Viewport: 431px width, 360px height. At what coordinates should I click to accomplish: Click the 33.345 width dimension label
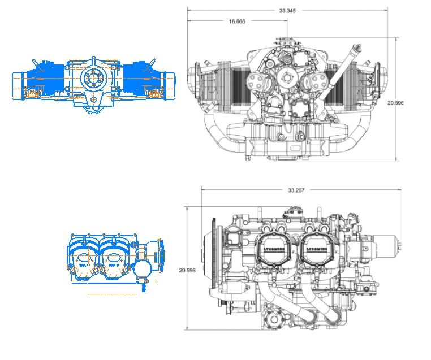(287, 10)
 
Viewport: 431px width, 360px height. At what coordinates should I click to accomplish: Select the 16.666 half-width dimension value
(237, 21)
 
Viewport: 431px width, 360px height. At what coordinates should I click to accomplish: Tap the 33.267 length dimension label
(296, 190)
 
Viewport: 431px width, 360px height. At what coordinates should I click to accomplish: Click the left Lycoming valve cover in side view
(277, 250)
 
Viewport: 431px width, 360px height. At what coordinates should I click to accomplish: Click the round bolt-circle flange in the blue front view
(92, 79)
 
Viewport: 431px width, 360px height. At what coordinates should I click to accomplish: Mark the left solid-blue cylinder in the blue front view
(48, 78)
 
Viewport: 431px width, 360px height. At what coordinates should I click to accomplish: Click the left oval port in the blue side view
(85, 261)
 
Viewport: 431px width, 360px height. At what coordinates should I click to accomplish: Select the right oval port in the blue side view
(115, 261)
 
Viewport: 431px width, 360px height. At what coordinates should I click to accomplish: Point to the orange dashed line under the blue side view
(112, 294)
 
